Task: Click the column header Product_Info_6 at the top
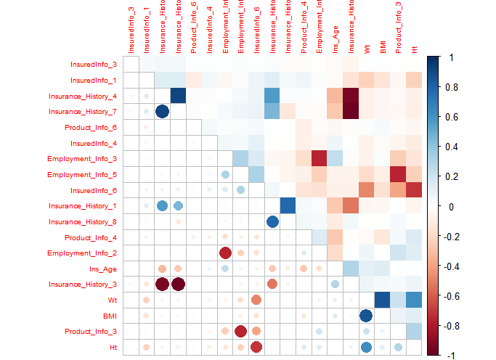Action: click(193, 29)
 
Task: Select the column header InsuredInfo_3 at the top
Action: click(131, 29)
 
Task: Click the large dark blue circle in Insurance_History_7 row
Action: click(162, 112)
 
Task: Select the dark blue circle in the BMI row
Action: click(366, 316)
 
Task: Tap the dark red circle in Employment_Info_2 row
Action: click(225, 253)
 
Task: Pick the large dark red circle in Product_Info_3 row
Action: click(241, 332)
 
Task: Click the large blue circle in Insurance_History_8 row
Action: click(272, 221)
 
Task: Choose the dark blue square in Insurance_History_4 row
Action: click(178, 95)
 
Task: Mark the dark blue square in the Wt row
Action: click(382, 300)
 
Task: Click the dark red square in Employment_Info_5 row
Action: click(398, 174)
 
